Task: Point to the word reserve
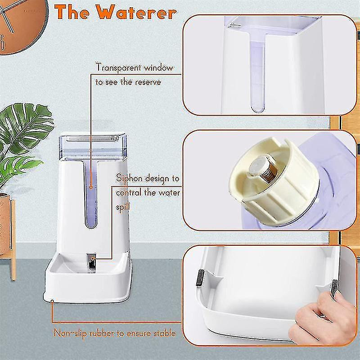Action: pyautogui.click(x=146, y=82)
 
